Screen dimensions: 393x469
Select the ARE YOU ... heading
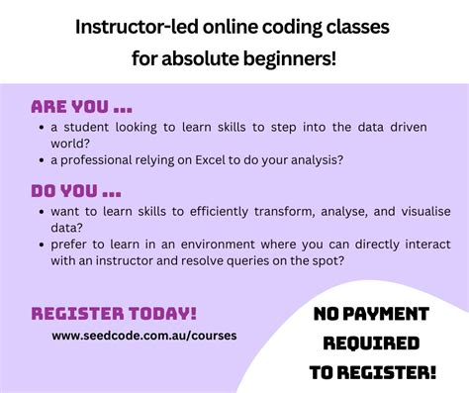click(81, 106)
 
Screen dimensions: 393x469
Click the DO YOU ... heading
click(76, 188)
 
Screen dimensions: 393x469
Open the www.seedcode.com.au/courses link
click(144, 335)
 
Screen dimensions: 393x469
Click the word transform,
click(268, 210)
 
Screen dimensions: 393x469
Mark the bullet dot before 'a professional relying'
click(41, 159)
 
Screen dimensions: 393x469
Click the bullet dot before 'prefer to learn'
click(41, 243)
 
